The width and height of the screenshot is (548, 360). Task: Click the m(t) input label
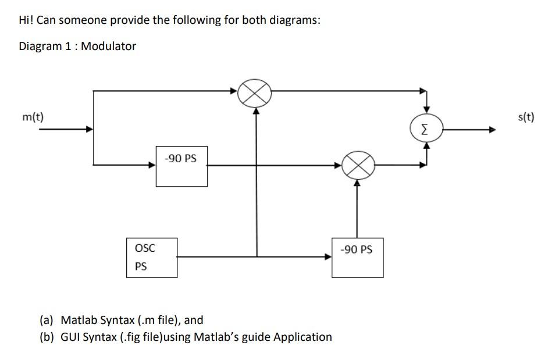click(33, 117)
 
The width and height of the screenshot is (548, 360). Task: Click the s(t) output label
click(526, 117)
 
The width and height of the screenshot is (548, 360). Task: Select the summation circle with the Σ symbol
click(426, 129)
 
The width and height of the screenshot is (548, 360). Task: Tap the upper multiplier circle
click(255, 93)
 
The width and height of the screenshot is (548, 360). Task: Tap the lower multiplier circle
click(358, 165)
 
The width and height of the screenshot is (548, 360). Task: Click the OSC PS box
click(152, 258)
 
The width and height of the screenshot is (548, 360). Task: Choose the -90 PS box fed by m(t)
click(182, 166)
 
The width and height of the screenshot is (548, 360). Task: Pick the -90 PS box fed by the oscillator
click(358, 258)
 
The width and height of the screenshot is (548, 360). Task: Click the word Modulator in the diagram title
click(108, 46)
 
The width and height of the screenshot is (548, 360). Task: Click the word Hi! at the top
click(26, 20)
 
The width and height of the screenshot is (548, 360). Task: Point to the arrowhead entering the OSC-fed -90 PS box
click(328, 257)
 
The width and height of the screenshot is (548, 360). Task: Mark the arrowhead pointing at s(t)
click(492, 130)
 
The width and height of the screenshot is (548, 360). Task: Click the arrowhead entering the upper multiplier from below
click(256, 111)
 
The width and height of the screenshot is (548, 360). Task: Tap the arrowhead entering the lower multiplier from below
click(357, 183)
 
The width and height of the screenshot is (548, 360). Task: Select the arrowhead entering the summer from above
click(427, 110)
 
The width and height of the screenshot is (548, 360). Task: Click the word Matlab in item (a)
click(79, 320)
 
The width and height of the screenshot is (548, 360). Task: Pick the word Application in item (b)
click(303, 337)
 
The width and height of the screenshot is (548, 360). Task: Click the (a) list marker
click(46, 320)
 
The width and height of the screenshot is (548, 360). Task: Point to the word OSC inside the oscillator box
click(145, 248)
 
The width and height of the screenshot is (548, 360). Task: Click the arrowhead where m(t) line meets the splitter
click(90, 129)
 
